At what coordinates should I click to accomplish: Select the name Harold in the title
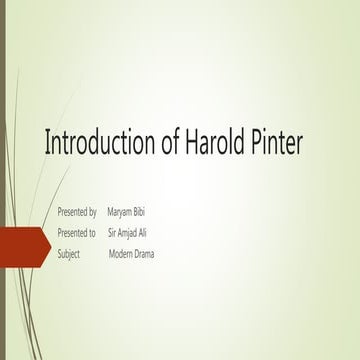point(217,144)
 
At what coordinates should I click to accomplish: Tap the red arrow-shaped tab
point(24,244)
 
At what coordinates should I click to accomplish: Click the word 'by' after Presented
point(92,213)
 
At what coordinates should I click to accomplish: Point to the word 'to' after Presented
point(92,233)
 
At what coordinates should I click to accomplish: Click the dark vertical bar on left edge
point(3,180)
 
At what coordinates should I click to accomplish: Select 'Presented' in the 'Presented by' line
point(71,213)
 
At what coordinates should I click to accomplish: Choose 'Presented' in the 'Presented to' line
point(71,233)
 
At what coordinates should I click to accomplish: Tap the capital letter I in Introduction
point(47,144)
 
